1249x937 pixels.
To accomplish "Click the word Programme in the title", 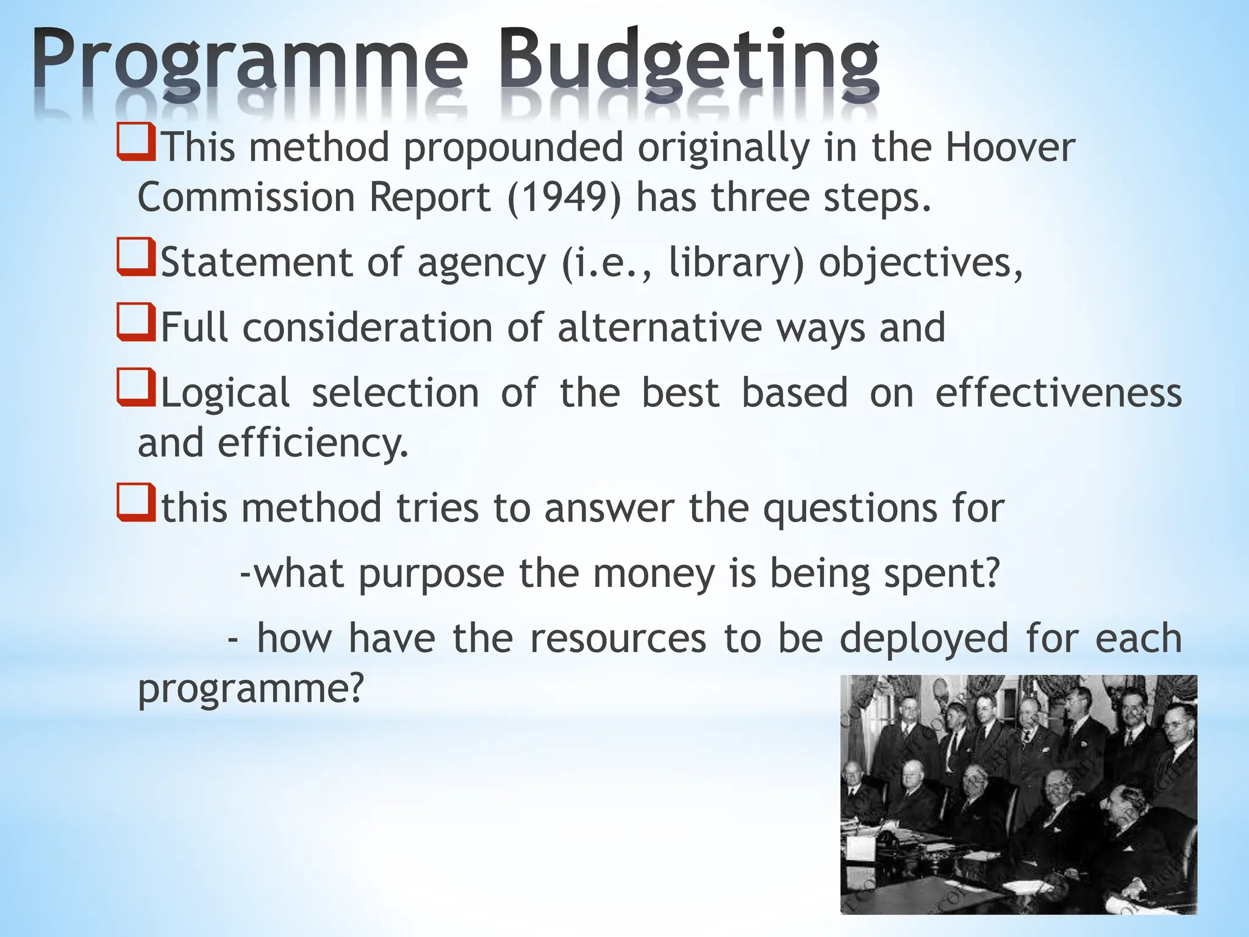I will (250, 64).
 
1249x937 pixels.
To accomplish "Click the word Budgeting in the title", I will (689, 64).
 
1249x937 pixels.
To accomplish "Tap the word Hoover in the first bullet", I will (1009, 148).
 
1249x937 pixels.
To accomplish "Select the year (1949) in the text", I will (564, 198).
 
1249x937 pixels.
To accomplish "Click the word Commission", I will (246, 198).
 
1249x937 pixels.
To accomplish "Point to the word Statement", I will (256, 263).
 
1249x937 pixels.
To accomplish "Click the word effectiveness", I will (1058, 393).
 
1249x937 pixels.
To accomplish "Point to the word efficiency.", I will (313, 443).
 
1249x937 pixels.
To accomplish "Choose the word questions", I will (850, 509).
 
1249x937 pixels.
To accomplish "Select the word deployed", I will (924, 639).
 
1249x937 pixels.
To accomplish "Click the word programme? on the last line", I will (251, 689).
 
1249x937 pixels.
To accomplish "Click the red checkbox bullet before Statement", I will (135, 257).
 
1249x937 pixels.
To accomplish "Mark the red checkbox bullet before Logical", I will (135, 388).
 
